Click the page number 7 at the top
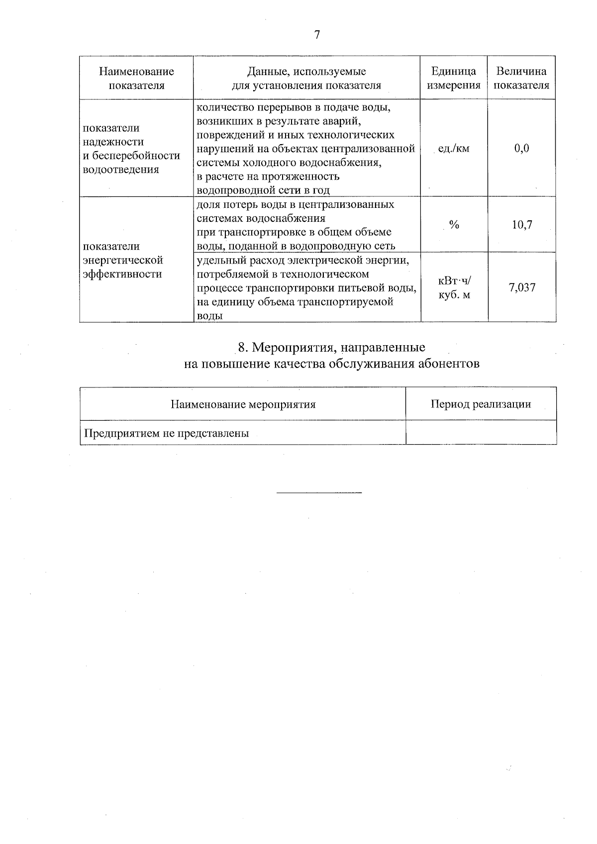317,35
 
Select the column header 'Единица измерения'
453,78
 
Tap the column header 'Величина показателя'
521,78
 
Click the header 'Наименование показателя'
136,78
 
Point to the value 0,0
522,148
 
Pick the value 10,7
522,225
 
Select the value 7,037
522,287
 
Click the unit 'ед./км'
453,148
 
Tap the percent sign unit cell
454,225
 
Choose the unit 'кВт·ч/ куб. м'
454,288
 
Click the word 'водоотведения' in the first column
121,170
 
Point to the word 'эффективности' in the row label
122,274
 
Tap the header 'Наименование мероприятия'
243,404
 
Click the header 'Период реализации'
481,404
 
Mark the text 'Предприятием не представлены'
166,433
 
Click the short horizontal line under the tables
319,493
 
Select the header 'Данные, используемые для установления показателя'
306,78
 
